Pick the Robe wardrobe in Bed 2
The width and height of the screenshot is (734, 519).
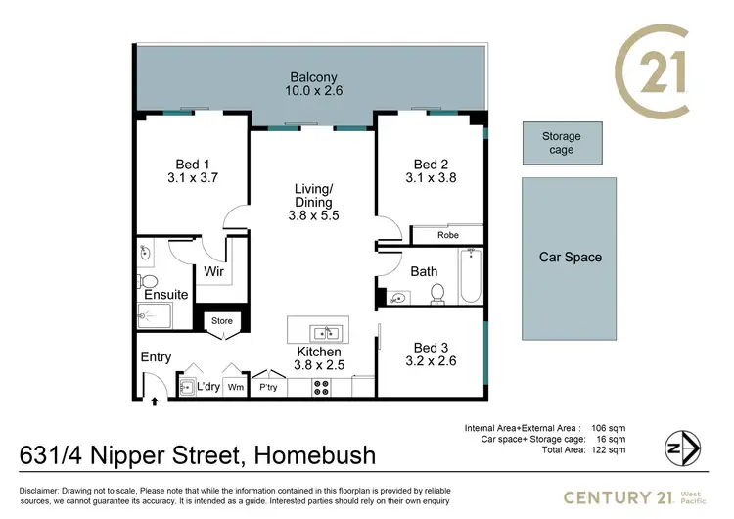click(x=447, y=235)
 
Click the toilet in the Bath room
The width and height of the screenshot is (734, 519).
click(x=438, y=293)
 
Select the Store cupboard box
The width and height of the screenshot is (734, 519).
click(x=221, y=320)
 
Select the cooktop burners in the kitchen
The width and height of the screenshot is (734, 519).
click(x=319, y=388)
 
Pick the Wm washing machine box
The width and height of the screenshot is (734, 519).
click(x=235, y=388)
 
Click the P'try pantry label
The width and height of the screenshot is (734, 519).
click(x=268, y=388)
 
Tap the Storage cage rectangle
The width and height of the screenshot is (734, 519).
click(x=561, y=143)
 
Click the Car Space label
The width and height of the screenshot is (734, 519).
click(x=571, y=258)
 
